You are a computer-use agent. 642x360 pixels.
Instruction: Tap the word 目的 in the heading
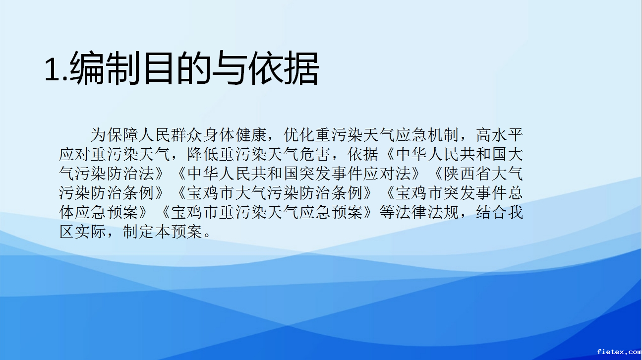pos(177,68)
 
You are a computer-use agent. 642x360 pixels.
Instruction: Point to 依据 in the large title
pos(283,68)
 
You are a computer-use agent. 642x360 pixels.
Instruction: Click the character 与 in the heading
pos(229,68)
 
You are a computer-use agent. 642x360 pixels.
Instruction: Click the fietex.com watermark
pos(619,352)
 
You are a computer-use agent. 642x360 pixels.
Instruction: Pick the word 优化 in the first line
pos(299,135)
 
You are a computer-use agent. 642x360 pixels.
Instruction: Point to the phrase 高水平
pos(500,135)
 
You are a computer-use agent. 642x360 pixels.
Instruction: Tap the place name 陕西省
pos(467,174)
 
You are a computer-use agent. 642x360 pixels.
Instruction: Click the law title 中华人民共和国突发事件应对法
pos(299,174)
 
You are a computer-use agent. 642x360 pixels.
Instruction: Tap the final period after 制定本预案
pos(207,235)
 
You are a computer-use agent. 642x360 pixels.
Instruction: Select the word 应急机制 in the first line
pos(427,135)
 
